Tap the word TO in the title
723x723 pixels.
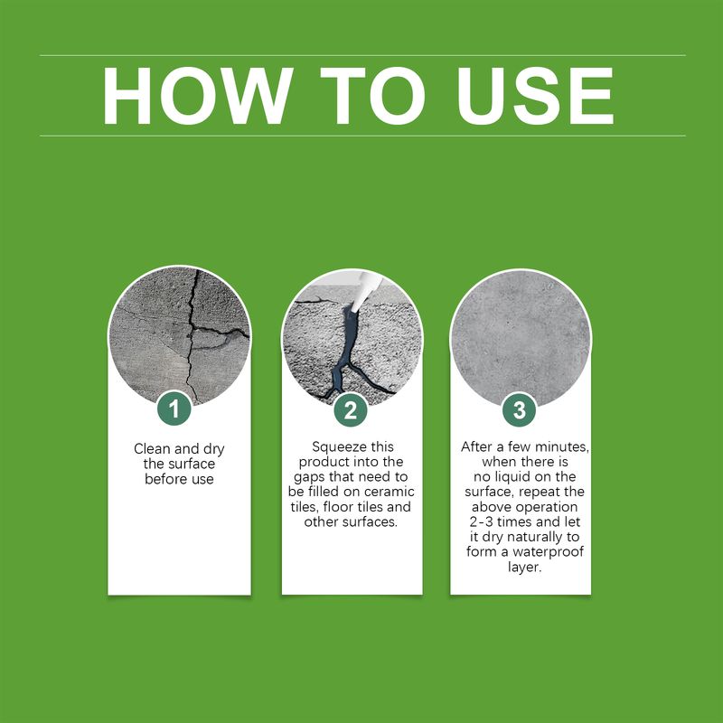pos(378,96)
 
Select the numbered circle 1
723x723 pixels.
pos(174,410)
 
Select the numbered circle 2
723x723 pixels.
pos(351,410)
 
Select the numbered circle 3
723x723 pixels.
pos(519,410)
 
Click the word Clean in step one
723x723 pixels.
pos(152,449)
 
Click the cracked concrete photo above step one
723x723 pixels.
pos(179,334)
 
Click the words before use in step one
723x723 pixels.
pos(179,479)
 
